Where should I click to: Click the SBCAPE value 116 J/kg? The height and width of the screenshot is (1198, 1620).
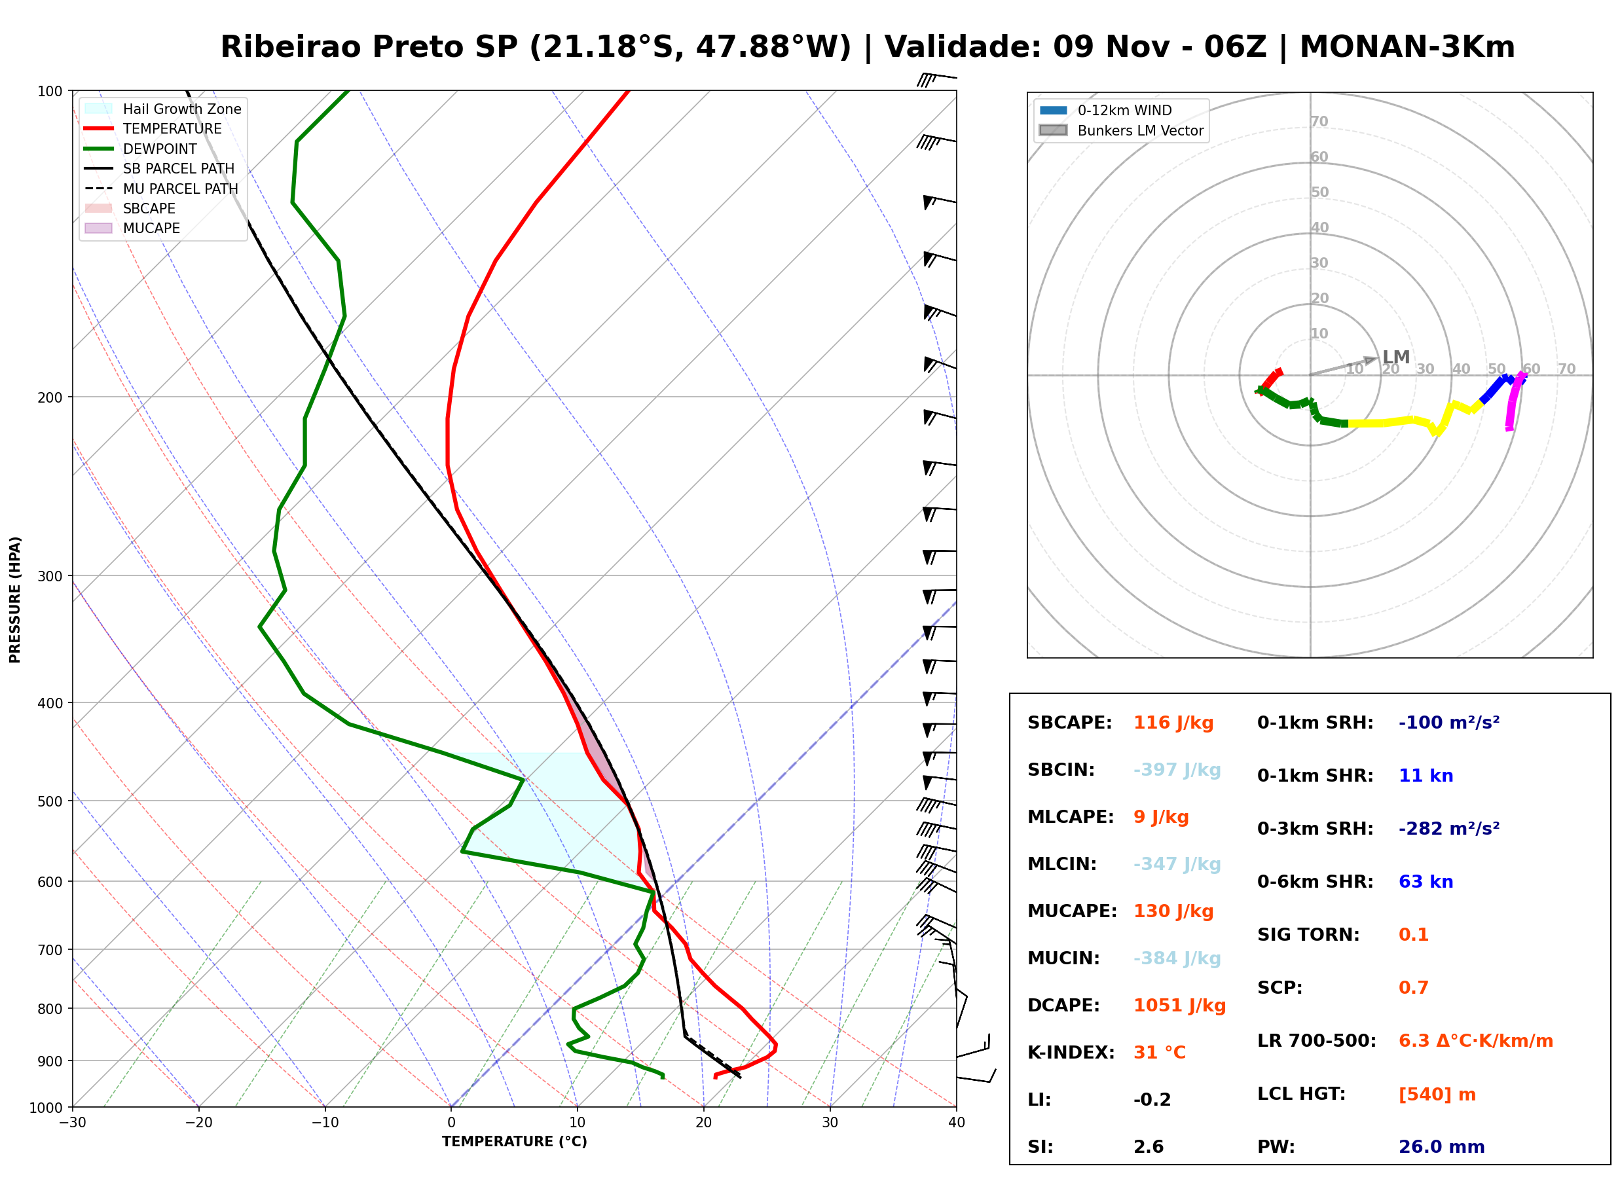click(x=1173, y=723)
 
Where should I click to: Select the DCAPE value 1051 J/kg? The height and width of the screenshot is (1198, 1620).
click(x=1179, y=1006)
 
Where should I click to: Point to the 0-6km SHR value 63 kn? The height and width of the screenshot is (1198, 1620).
click(x=1426, y=882)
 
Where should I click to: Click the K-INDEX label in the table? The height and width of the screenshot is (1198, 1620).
click(x=1071, y=1053)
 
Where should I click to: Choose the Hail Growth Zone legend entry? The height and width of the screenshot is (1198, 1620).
click(x=162, y=109)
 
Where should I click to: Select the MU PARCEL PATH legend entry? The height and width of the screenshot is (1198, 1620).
click(x=161, y=189)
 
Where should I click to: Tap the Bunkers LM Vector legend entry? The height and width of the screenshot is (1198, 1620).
click(x=1121, y=130)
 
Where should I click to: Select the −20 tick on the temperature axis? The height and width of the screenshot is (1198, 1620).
click(x=198, y=1123)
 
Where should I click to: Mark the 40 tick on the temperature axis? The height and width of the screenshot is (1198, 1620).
click(x=957, y=1123)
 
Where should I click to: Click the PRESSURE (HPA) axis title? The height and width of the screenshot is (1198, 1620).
click(x=15, y=600)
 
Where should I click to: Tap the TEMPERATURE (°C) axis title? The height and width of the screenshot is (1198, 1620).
click(x=515, y=1142)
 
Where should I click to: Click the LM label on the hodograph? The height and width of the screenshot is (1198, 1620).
click(x=1396, y=357)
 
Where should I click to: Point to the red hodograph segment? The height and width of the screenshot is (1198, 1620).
click(x=1269, y=382)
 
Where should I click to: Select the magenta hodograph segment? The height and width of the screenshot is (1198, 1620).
click(x=1515, y=401)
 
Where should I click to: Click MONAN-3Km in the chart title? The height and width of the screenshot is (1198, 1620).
click(x=1407, y=47)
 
